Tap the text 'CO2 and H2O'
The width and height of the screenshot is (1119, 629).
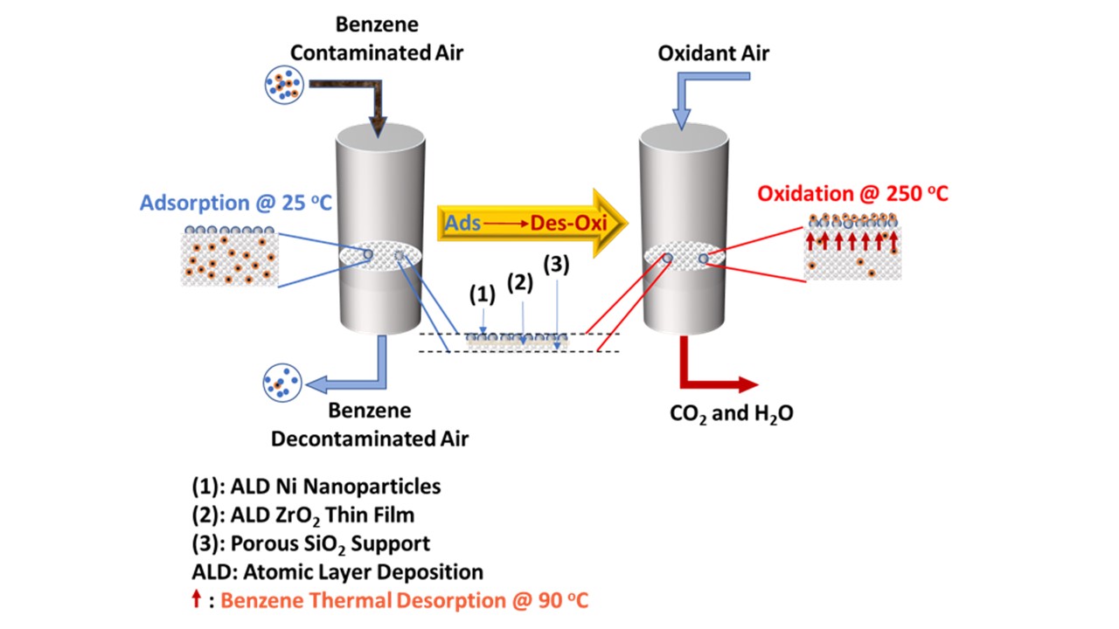pyautogui.click(x=732, y=413)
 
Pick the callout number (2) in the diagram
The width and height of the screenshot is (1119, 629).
pyautogui.click(x=520, y=282)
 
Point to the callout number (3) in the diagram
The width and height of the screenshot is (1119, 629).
pyautogui.click(x=556, y=265)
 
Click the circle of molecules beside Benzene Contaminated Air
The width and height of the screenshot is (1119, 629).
pyautogui.click(x=283, y=84)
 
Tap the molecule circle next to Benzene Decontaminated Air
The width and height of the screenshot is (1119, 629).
pyautogui.click(x=282, y=383)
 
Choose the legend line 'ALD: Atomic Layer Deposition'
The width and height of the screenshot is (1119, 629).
pyautogui.click(x=337, y=572)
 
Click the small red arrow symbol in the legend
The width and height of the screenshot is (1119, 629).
pyautogui.click(x=197, y=600)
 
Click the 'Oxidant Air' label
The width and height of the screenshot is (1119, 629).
pyautogui.click(x=714, y=53)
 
